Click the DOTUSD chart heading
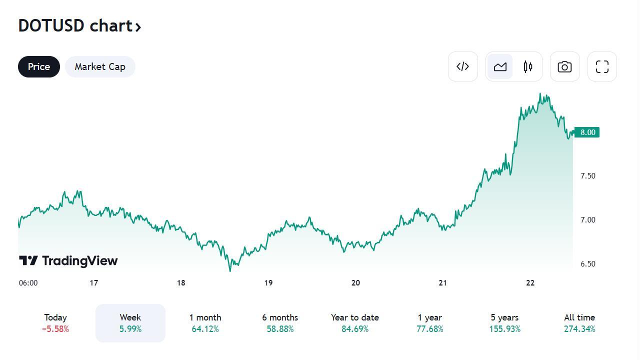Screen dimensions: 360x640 (x=79, y=25)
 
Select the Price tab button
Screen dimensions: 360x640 (x=39, y=66)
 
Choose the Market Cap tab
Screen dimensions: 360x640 (x=100, y=66)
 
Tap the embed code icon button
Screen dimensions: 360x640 (x=462, y=66)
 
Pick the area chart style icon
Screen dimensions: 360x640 (x=500, y=66)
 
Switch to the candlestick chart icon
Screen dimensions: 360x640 (x=528, y=66)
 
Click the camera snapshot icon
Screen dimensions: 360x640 (x=564, y=66)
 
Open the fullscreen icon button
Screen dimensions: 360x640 (x=602, y=66)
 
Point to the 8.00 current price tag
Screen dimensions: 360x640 (x=587, y=132)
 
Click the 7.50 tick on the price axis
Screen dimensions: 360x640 (x=587, y=176)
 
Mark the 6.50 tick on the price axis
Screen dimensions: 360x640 (x=587, y=264)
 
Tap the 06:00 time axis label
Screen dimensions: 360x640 (x=28, y=283)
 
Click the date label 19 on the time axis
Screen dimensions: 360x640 (x=268, y=283)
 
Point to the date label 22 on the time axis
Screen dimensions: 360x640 (x=530, y=283)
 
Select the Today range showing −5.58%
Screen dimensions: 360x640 (x=55, y=323)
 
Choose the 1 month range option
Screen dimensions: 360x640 (x=205, y=323)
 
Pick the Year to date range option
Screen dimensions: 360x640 (x=354, y=323)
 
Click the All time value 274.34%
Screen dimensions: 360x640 (x=579, y=329)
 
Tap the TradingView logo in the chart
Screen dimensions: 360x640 (x=68, y=260)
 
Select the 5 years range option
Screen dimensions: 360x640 (x=504, y=323)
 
